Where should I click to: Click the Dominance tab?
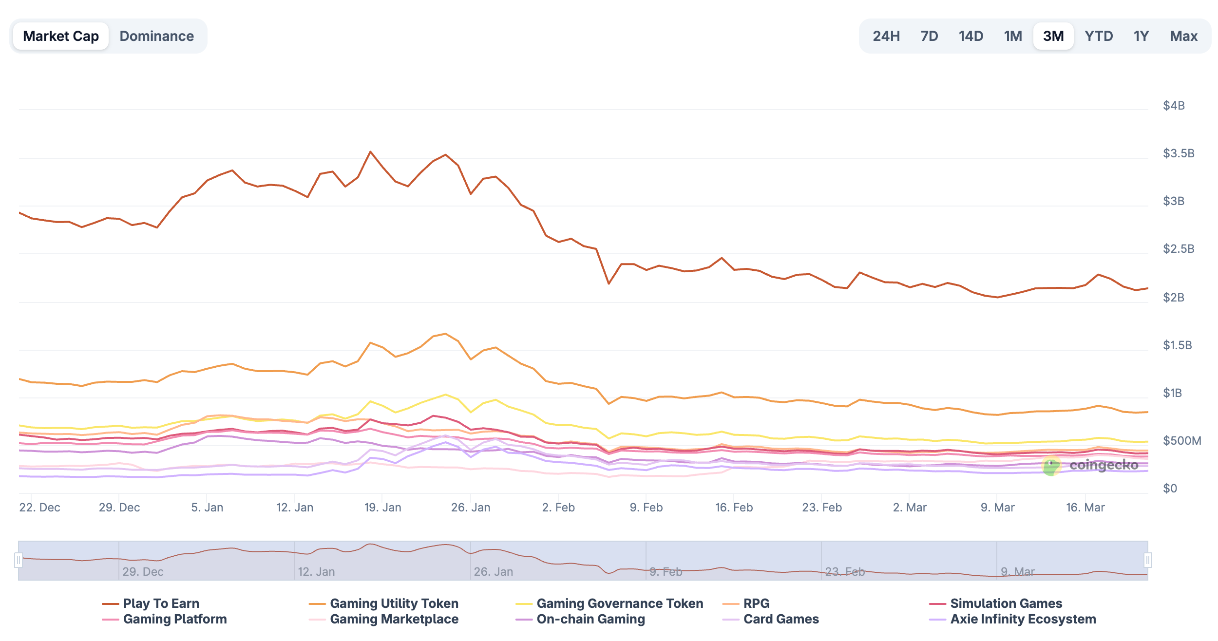click(x=156, y=36)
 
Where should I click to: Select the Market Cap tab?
click(x=61, y=36)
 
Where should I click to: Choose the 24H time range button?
click(x=886, y=36)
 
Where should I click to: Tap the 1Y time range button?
click(x=1141, y=36)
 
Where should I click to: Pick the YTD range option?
click(x=1099, y=36)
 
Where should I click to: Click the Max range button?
click(x=1183, y=36)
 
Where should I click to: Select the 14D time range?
click(x=971, y=36)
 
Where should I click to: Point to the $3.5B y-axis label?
click(x=1179, y=153)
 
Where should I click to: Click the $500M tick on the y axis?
click(x=1182, y=441)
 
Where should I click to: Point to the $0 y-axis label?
click(x=1170, y=489)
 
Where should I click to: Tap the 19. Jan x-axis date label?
click(x=382, y=508)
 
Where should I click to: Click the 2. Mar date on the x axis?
click(x=910, y=508)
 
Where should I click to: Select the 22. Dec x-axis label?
click(x=39, y=508)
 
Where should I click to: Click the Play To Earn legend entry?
click(x=161, y=603)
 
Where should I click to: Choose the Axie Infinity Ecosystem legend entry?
click(x=1023, y=619)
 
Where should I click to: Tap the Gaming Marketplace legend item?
click(x=394, y=619)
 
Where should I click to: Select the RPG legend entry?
click(x=756, y=603)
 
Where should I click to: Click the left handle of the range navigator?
click(x=19, y=560)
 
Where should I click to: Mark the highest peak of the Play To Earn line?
click(x=370, y=152)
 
